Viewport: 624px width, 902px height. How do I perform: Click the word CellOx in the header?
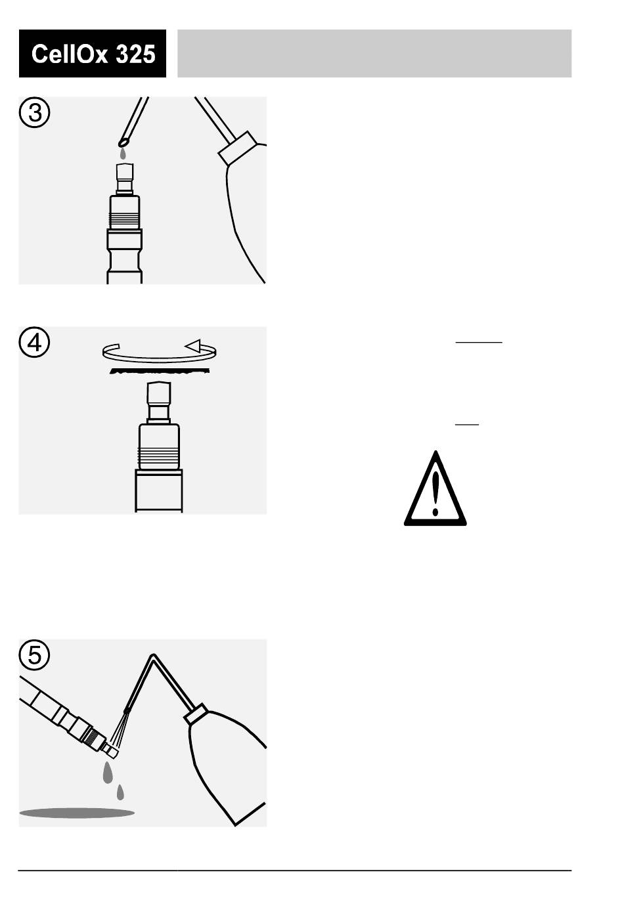pos(69,54)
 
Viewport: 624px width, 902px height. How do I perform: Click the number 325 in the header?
pos(135,54)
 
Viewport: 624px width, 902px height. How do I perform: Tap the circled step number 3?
pos(35,113)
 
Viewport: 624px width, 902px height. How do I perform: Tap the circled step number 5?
pos(35,655)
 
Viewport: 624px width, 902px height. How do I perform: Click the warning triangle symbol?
pos(435,488)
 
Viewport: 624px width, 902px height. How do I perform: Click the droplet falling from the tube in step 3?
pos(123,154)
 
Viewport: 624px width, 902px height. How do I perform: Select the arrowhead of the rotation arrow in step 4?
pos(192,345)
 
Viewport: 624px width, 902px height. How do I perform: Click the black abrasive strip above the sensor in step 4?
pos(160,370)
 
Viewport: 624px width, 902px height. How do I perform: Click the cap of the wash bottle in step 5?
pos(196,714)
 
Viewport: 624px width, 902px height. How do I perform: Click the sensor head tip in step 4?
pos(159,392)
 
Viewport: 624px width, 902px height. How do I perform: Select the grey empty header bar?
pos(374,54)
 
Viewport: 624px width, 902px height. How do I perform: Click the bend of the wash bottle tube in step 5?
pos(152,656)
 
